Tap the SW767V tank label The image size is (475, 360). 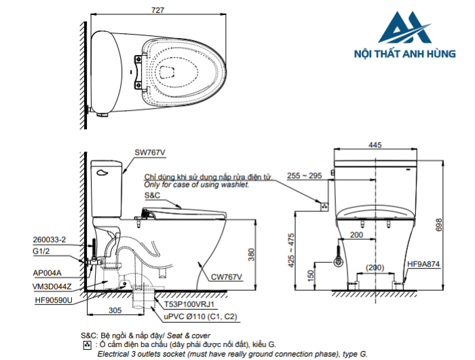coord(150,153)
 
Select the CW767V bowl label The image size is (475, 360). coord(226,276)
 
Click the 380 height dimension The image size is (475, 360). coord(251,254)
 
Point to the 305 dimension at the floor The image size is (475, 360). coord(115,310)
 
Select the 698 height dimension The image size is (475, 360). coord(440,223)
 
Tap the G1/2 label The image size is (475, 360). coord(42,251)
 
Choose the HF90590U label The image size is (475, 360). coord(52,299)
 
